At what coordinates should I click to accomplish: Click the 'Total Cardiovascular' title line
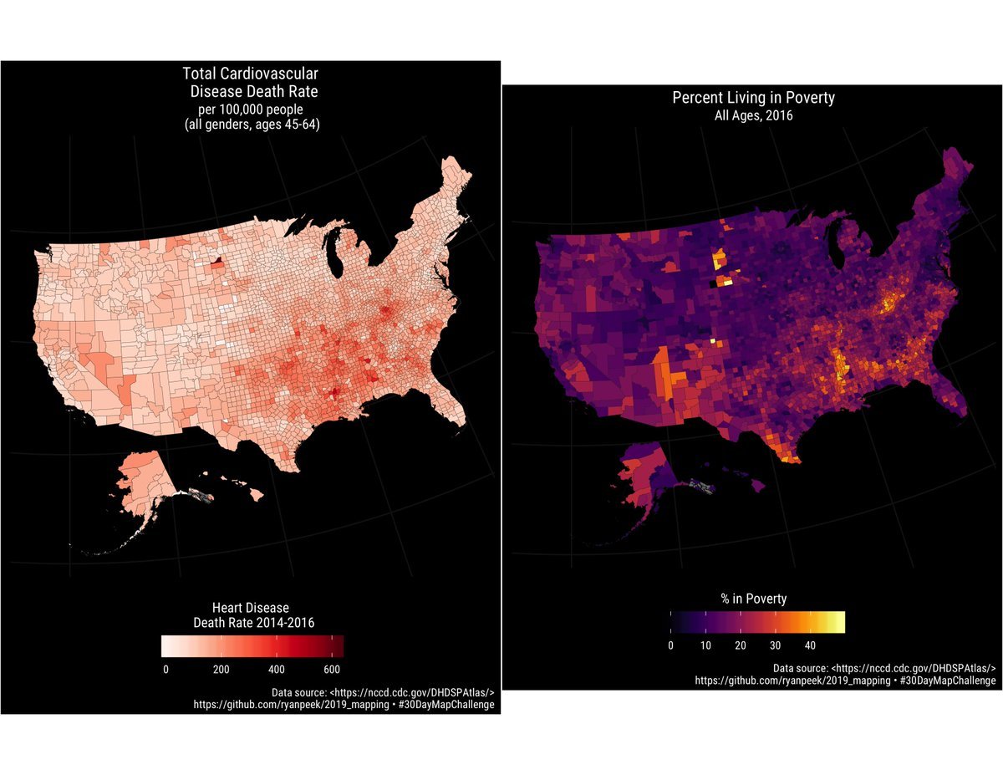[x=250, y=74]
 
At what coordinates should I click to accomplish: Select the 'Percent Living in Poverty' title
[x=753, y=98]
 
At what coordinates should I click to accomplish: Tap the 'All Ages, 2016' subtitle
[x=753, y=116]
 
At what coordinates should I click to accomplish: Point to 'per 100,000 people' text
[x=250, y=109]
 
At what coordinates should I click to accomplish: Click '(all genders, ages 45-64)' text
[x=251, y=125]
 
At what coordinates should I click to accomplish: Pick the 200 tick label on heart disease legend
[x=221, y=669]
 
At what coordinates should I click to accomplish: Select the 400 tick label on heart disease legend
[x=277, y=669]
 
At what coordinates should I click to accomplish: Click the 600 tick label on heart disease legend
[x=332, y=669]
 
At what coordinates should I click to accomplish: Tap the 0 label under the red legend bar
[x=165, y=669]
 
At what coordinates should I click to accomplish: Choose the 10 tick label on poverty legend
[x=705, y=645]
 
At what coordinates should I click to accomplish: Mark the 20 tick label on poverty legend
[x=741, y=645]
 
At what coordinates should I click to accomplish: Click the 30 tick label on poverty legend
[x=776, y=645]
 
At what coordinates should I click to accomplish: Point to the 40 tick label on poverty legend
[x=810, y=645]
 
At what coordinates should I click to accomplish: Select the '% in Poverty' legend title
[x=753, y=599]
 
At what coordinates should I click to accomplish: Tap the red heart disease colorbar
[x=252, y=646]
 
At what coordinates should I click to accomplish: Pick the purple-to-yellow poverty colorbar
[x=757, y=622]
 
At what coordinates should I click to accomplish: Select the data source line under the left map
[x=383, y=692]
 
